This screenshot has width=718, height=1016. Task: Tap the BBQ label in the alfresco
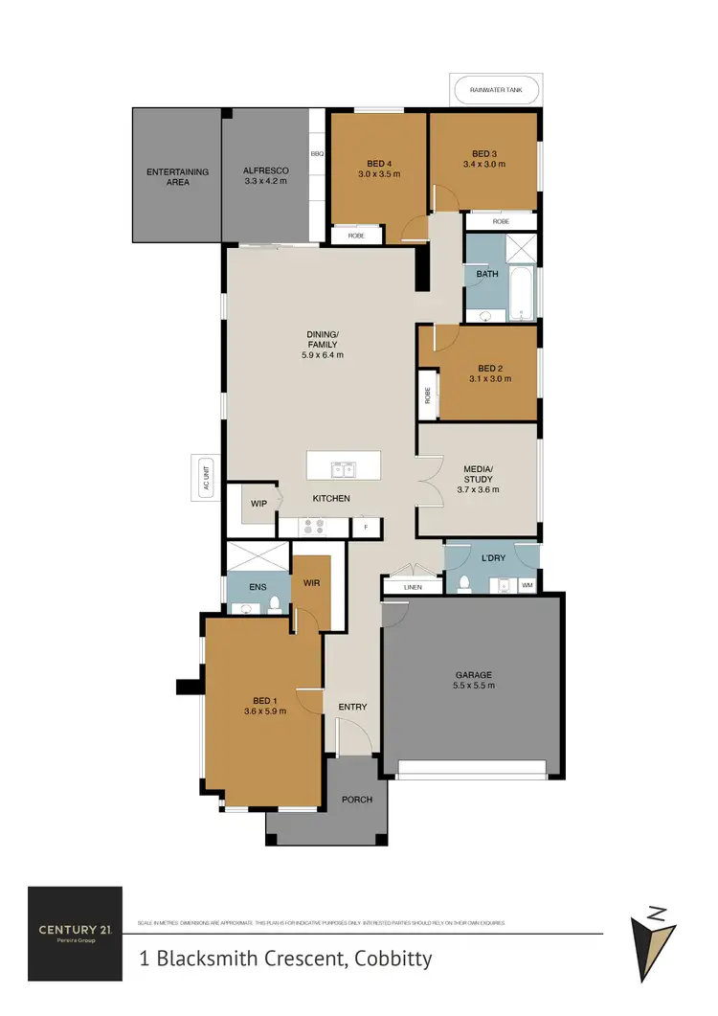click(x=317, y=153)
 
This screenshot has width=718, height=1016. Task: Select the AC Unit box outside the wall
click(x=205, y=476)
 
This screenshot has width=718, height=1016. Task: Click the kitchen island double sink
click(x=343, y=468)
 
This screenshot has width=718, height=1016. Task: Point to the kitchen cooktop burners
click(x=313, y=526)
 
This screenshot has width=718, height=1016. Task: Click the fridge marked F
click(x=365, y=528)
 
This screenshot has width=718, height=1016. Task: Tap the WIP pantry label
click(x=258, y=503)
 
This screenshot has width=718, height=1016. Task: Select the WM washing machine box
click(x=527, y=584)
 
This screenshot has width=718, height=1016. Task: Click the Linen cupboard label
click(x=413, y=586)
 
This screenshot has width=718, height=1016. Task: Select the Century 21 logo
click(x=75, y=932)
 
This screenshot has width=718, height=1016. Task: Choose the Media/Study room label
click(x=478, y=479)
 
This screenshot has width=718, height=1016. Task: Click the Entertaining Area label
click(x=177, y=176)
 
